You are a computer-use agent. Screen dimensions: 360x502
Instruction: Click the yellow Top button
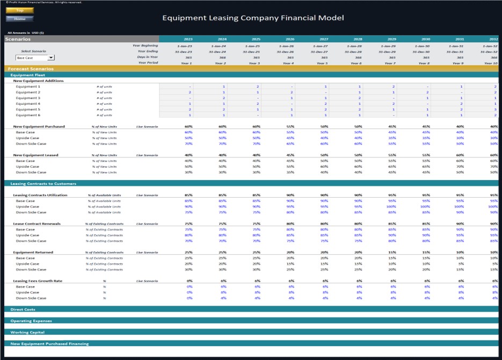coord(20,10)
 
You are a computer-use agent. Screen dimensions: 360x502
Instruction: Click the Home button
coord(20,19)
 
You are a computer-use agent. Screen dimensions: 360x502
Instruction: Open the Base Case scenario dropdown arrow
coord(51,57)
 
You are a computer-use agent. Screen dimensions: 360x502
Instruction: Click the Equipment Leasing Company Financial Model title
coord(253,18)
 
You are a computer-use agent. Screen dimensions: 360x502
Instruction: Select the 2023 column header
coord(188,39)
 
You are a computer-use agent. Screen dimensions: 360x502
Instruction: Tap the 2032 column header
coord(493,39)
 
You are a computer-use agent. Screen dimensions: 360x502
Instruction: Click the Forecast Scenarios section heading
coord(30,69)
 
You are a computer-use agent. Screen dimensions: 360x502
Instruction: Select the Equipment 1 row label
coord(28,87)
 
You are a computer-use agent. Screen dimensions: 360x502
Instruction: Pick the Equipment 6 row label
coord(28,115)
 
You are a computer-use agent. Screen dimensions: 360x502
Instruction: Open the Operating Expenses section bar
coord(31,321)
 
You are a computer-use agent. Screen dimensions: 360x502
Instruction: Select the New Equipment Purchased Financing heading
coord(49,343)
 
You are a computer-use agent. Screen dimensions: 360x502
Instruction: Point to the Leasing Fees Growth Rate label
coord(38,281)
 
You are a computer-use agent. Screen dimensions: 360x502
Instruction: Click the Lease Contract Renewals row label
coord(37,224)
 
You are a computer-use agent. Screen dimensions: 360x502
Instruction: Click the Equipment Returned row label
coord(33,253)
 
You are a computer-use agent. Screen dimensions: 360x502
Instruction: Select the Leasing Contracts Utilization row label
coord(41,195)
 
